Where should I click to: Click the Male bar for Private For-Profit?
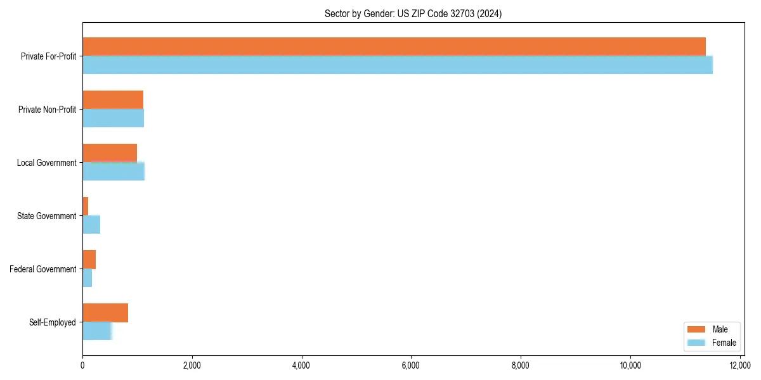[394, 46]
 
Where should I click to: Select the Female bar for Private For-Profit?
[398, 65]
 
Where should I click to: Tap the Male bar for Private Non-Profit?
[113, 99]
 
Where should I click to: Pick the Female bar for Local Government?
[114, 171]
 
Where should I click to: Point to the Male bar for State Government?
[85, 206]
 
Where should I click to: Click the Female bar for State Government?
[91, 224]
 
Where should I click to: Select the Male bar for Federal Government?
[89, 259]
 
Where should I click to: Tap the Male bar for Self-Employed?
[105, 312]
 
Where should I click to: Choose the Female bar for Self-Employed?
[97, 331]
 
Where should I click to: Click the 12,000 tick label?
[740, 365]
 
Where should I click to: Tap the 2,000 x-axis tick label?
[192, 365]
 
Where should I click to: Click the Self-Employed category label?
[53, 322]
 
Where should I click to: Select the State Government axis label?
[47, 216]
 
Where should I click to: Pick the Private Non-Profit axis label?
[47, 110]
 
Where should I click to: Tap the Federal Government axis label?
[43, 269]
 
